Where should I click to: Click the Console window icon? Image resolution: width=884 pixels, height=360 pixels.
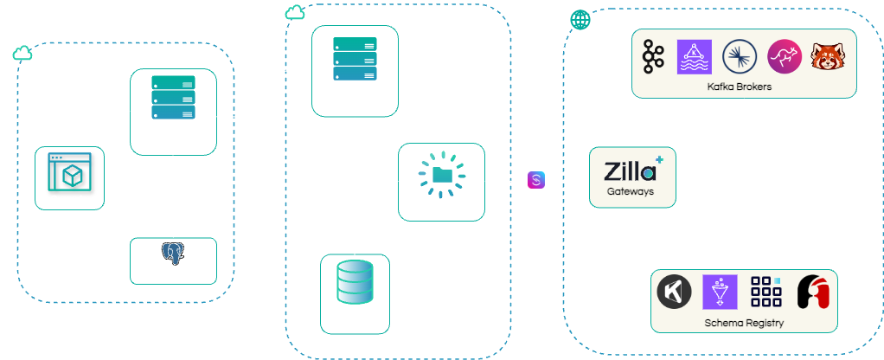coord(69,171)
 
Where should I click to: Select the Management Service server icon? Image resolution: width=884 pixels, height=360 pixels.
coord(172,98)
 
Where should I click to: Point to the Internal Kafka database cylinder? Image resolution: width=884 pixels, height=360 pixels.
coord(354,280)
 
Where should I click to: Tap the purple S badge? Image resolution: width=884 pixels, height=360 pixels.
coord(536,180)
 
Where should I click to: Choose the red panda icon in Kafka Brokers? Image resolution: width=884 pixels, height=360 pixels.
coord(829,57)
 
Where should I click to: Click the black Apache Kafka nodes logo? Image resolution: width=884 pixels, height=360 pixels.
coord(651,57)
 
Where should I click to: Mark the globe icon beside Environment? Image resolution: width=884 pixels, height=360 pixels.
coord(578,18)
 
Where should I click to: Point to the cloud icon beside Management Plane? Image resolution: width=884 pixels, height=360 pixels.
coord(22,54)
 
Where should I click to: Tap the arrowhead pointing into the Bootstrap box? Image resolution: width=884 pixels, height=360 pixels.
coord(490,181)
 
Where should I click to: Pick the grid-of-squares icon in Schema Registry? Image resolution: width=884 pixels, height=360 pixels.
coord(765,291)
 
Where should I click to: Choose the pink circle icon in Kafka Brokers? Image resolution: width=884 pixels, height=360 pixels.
coord(784,57)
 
